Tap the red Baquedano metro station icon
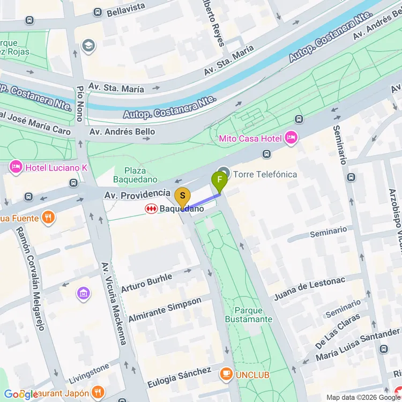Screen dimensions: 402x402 point(151,209)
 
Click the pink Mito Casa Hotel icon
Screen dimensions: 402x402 point(291,138)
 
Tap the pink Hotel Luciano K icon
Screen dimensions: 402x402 point(16,168)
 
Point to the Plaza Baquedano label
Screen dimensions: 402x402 point(135,175)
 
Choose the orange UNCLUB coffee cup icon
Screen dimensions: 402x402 point(226,374)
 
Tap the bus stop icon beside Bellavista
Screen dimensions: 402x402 point(98,12)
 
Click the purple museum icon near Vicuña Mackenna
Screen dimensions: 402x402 point(83,293)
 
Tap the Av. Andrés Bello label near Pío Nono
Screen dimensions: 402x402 point(122,131)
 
